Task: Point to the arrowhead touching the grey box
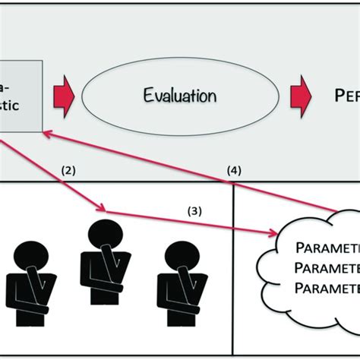(47, 131)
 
